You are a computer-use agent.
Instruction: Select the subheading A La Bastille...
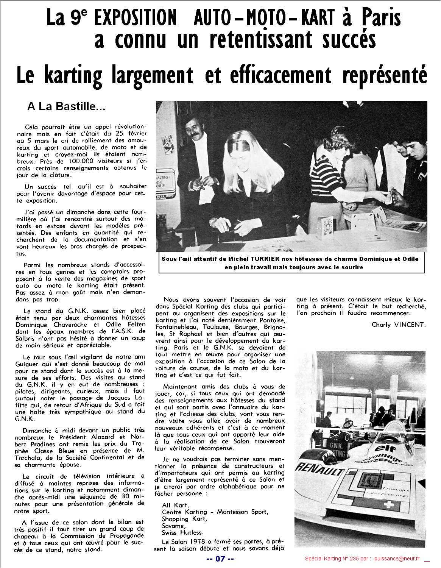click(66, 107)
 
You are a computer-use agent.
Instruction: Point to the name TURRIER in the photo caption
click(251, 259)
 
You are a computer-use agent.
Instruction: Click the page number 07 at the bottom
click(220, 559)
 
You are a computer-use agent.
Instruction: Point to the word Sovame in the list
click(173, 525)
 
